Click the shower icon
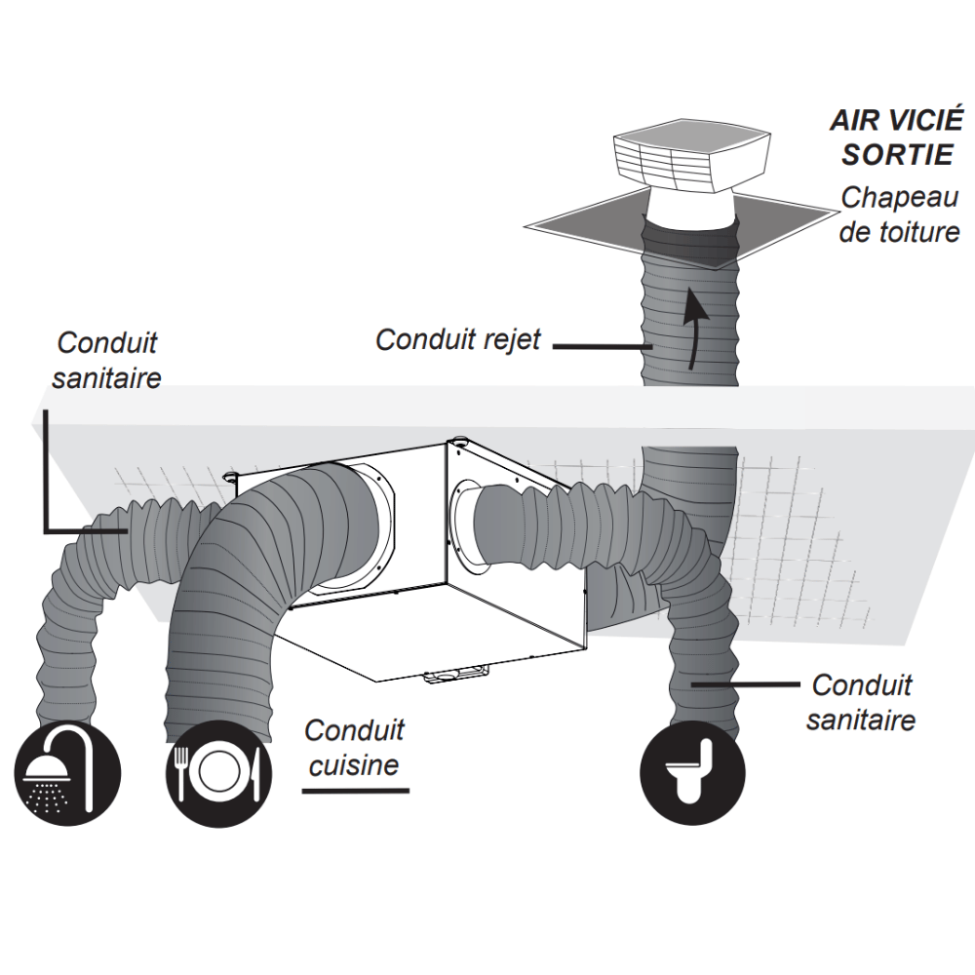[67, 773]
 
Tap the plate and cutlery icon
[218, 774]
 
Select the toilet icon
[692, 773]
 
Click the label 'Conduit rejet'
[458, 340]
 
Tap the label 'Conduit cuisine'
[354, 748]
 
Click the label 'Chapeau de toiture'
[899, 214]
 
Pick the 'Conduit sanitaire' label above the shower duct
[106, 360]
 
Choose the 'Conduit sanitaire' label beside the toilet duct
[861, 703]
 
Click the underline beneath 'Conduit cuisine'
[356, 791]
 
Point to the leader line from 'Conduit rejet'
[602, 346]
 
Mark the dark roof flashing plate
[681, 228]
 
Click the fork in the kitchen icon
[181, 773]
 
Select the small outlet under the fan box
[455, 673]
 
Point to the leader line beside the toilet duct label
[746, 684]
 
